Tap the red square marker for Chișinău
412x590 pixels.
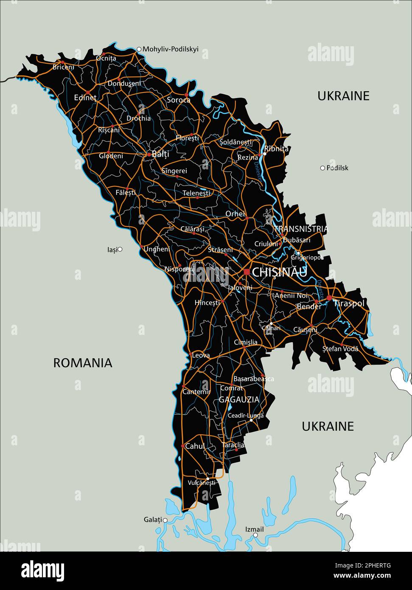tap(247, 272)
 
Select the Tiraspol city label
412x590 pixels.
tap(349, 303)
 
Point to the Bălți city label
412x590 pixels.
tap(160, 154)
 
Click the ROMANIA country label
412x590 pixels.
tap(83, 363)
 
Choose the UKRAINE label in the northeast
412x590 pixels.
tap(343, 96)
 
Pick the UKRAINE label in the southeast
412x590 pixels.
tap(328, 426)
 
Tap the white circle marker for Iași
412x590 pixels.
tap(120, 250)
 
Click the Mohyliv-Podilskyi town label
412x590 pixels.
tap(171, 49)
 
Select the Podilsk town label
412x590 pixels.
tap(337, 168)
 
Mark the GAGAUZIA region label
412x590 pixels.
tap(239, 399)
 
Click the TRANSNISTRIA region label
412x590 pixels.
tap(301, 229)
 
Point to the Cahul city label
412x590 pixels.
tap(195, 446)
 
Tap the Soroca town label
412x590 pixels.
tap(178, 100)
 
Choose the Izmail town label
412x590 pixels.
tap(255, 529)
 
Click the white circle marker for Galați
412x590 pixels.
tap(165, 520)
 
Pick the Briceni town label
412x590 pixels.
tap(63, 67)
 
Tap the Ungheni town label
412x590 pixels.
tap(157, 249)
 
